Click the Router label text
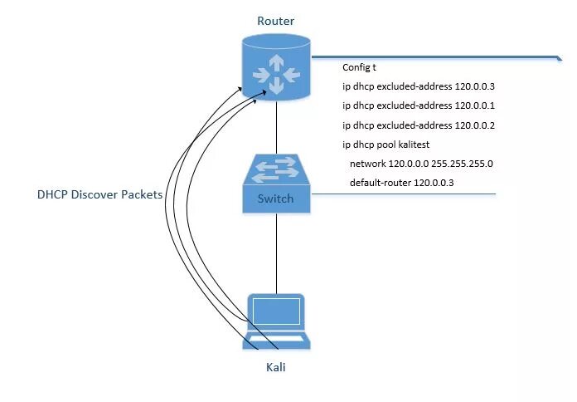(x=276, y=21)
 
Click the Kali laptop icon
(x=277, y=321)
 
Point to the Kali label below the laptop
(x=277, y=365)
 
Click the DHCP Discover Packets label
(x=99, y=195)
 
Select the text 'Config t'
(x=360, y=67)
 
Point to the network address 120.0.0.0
(x=400, y=164)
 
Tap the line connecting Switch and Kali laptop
(x=276, y=253)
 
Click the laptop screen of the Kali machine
(x=277, y=312)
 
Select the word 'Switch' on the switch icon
(x=276, y=199)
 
